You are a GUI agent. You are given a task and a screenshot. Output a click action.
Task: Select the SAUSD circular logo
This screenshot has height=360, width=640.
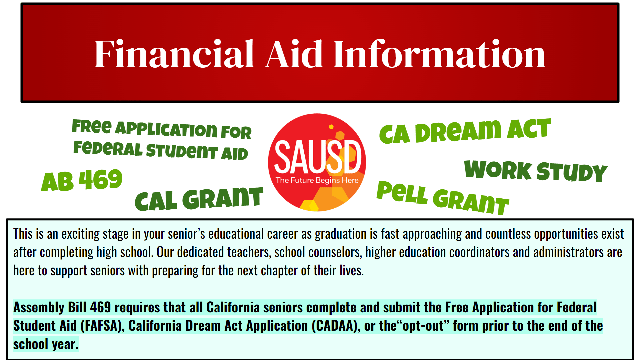[x=317, y=162]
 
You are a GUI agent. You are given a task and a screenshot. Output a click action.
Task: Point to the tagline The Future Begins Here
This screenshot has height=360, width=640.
[x=317, y=180]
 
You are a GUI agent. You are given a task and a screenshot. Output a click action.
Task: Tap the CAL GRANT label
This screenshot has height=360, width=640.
[x=199, y=199]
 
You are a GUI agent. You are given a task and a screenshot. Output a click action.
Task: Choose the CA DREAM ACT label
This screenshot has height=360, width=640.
[x=465, y=131]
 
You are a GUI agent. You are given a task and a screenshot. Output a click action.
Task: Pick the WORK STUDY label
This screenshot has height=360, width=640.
[x=536, y=171]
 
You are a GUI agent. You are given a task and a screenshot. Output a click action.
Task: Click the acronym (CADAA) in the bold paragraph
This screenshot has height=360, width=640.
[x=336, y=326]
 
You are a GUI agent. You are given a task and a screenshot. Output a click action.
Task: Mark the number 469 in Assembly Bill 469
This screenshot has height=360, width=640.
[x=100, y=307]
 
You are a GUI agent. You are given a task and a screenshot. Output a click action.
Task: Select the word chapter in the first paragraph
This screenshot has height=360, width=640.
[x=279, y=271]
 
